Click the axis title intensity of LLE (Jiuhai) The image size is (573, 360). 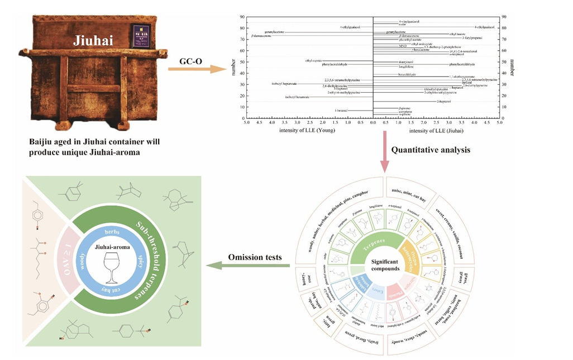pos(437,131)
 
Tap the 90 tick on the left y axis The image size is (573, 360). pos(242,16)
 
